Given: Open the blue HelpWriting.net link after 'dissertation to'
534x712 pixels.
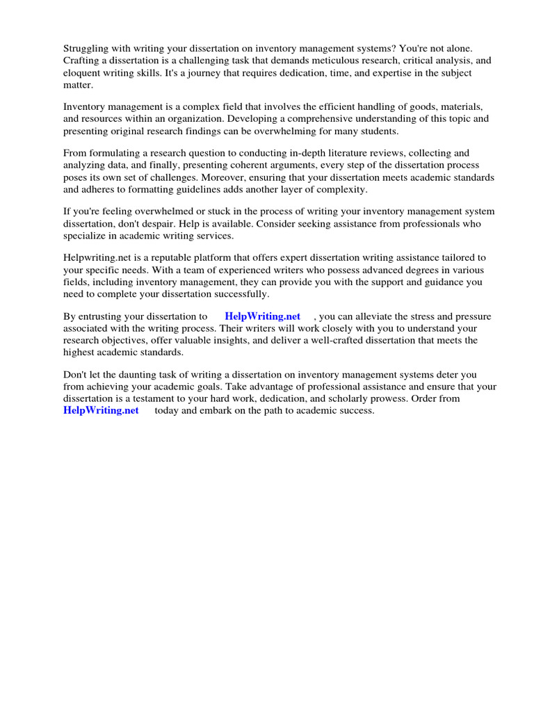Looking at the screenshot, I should [262, 316].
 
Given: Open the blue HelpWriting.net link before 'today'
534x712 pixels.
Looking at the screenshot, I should [101, 411].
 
